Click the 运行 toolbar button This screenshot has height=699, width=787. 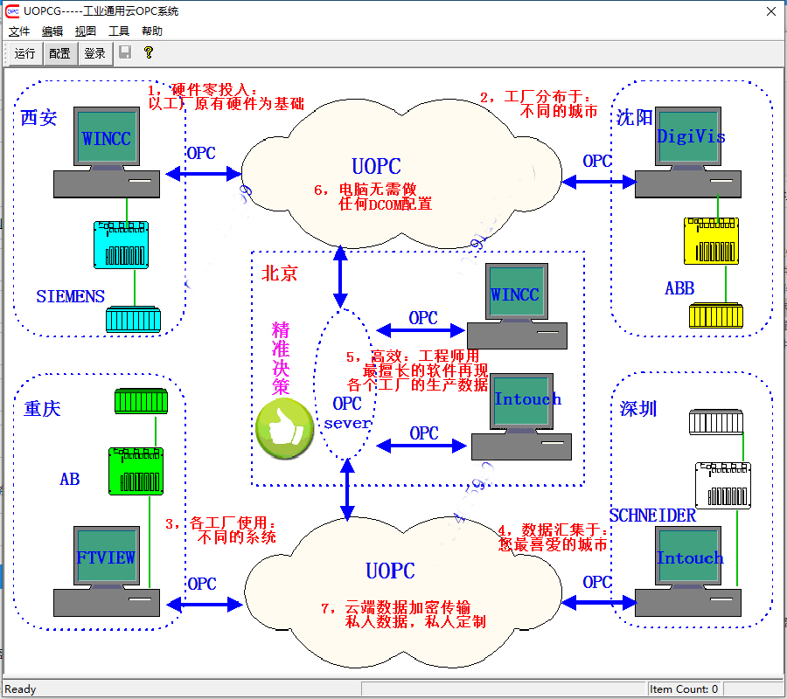pyautogui.click(x=24, y=53)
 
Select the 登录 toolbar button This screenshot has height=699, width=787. pyautogui.click(x=94, y=53)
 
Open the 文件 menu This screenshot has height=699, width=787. pyautogui.click(x=19, y=31)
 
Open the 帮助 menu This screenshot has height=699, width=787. pyautogui.click(x=152, y=31)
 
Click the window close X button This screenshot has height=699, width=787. pyautogui.click(x=770, y=11)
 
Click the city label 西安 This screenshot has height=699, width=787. pyautogui.click(x=39, y=118)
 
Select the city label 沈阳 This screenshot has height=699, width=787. pyautogui.click(x=634, y=118)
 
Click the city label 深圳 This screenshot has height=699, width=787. pyautogui.click(x=638, y=409)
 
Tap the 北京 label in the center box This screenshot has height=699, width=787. pyautogui.click(x=280, y=273)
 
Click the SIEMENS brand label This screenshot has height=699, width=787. pyautogui.click(x=70, y=296)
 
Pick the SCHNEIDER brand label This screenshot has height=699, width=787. pyautogui.click(x=652, y=516)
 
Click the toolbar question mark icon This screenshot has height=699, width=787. pyautogui.click(x=149, y=52)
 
